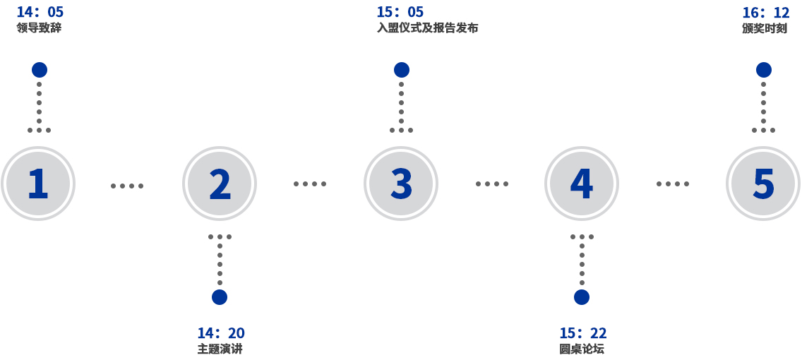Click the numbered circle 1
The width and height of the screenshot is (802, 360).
click(x=38, y=184)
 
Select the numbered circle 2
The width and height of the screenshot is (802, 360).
click(x=220, y=184)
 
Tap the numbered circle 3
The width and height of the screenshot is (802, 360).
click(x=401, y=184)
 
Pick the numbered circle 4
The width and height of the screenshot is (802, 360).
click(x=582, y=184)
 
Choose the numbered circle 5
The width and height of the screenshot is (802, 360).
click(x=763, y=184)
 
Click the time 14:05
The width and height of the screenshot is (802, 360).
click(x=40, y=12)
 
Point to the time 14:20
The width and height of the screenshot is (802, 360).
click(x=220, y=333)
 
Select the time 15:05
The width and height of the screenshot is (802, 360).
click(x=400, y=12)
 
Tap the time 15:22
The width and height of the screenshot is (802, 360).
click(x=582, y=333)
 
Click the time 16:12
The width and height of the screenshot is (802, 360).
click(x=765, y=13)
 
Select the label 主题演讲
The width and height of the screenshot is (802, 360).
click(x=220, y=349)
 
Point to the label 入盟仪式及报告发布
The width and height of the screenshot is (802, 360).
click(x=428, y=28)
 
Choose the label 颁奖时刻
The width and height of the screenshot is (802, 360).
click(x=765, y=28)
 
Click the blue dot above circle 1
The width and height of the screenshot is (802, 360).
click(x=40, y=70)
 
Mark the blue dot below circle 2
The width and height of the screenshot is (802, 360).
click(x=220, y=297)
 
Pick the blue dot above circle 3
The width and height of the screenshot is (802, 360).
click(x=402, y=70)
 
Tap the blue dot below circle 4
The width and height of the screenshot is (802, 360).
click(x=582, y=297)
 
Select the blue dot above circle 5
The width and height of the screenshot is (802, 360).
click(x=764, y=70)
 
